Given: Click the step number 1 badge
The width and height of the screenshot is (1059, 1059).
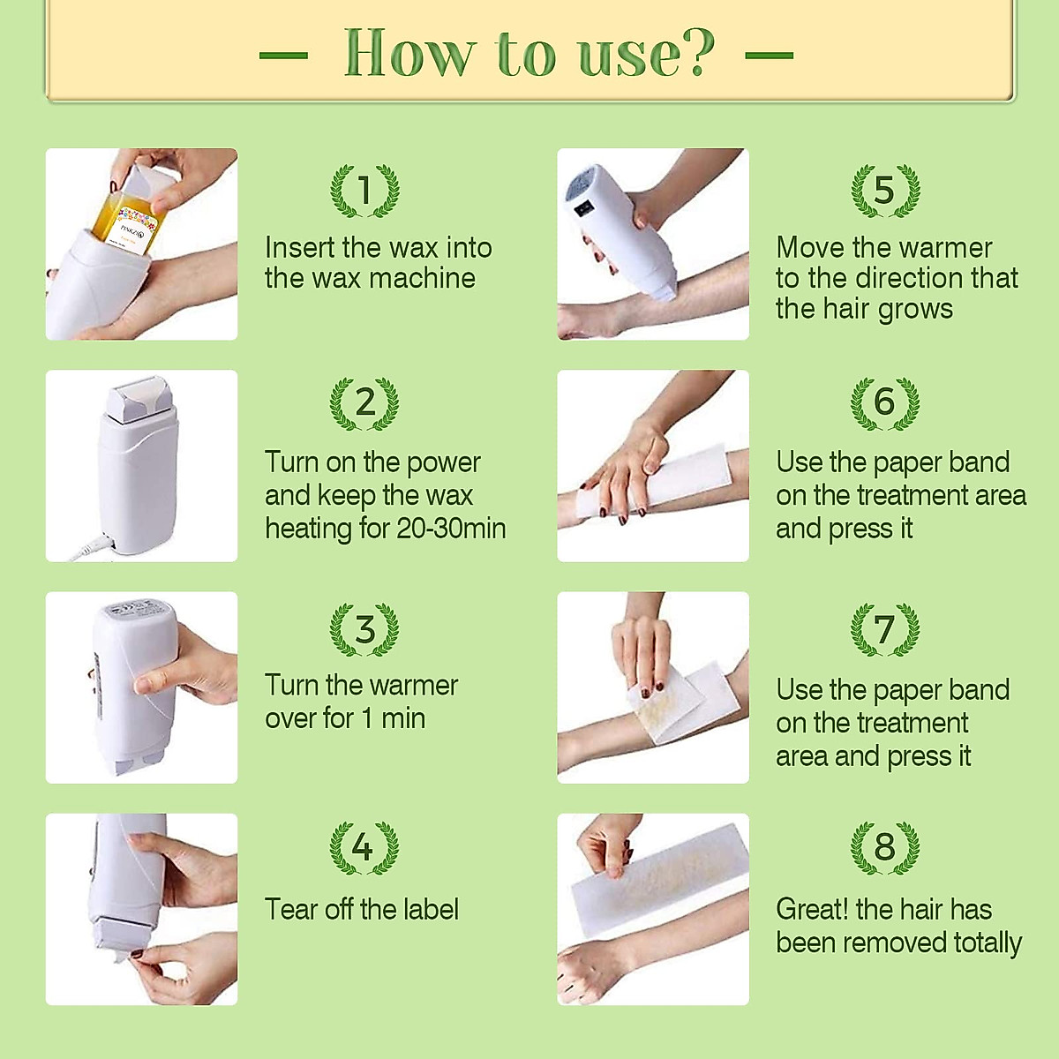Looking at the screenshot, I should (x=364, y=190).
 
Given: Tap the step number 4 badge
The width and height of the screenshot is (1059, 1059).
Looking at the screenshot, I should (x=364, y=847).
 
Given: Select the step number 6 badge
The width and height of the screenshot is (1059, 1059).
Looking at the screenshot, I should (x=884, y=402).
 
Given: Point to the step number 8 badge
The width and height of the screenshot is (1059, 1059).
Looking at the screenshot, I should (x=884, y=847).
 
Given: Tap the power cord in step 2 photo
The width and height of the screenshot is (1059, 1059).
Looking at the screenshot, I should (x=93, y=547).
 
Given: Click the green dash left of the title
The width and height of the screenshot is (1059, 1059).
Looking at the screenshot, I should (x=283, y=55).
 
